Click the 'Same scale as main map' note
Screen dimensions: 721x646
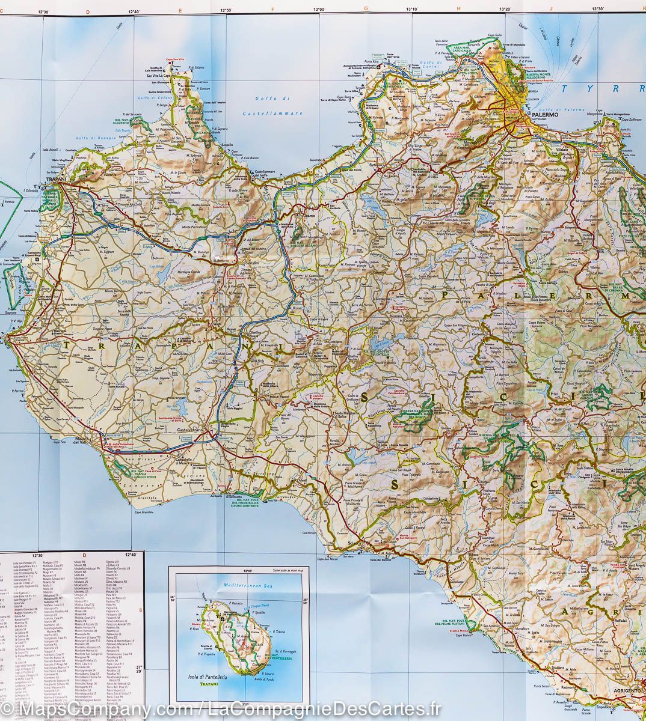point(289,568)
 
